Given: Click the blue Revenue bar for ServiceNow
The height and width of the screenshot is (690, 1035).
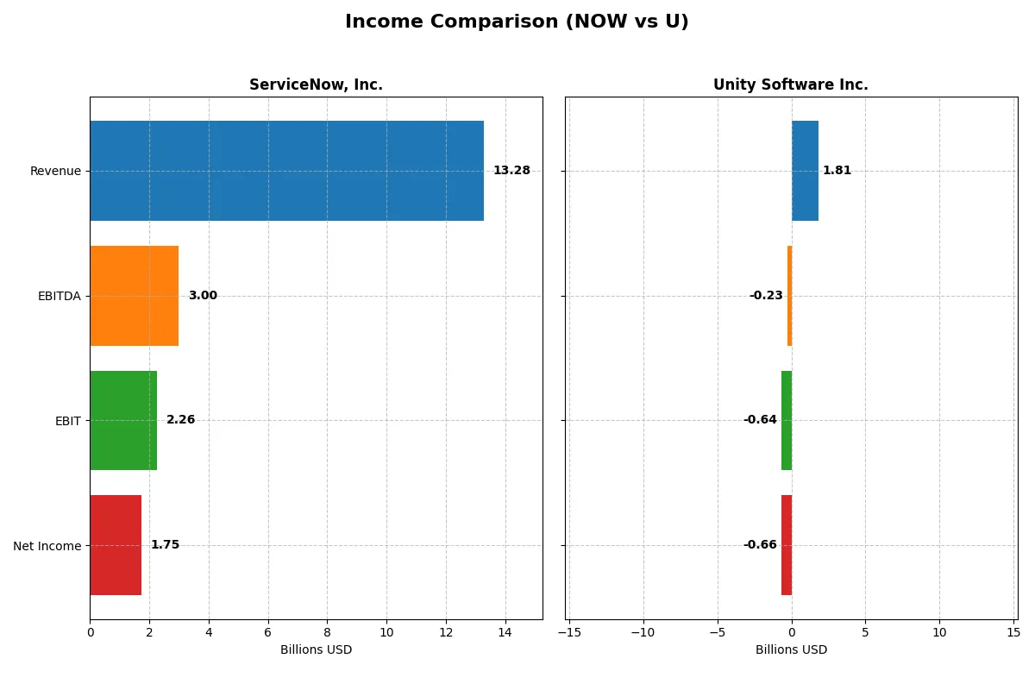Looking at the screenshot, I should (x=286, y=171).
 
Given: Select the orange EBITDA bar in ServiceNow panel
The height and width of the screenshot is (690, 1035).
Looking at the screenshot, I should (x=134, y=296).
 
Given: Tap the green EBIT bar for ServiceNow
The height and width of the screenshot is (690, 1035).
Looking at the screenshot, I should (x=123, y=420).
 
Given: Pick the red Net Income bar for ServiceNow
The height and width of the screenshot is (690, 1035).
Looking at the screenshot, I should (x=116, y=545).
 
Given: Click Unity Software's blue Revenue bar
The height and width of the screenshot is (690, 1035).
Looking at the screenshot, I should (x=805, y=171).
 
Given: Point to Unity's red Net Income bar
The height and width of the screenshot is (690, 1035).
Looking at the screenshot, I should (x=787, y=545).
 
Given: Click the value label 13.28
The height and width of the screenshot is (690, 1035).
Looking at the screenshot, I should (x=511, y=171).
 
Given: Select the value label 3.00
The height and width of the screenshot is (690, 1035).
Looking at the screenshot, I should (x=203, y=296).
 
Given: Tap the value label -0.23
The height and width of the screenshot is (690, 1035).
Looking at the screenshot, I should (x=766, y=296).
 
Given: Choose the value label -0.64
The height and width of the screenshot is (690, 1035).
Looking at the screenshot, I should (x=760, y=420).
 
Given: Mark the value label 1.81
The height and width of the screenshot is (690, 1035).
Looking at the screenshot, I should (x=837, y=171).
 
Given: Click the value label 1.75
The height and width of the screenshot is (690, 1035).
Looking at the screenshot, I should (x=165, y=545).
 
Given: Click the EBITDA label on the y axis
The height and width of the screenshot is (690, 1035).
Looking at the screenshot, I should (x=60, y=296).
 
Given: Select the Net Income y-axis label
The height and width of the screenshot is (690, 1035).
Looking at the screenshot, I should (x=47, y=546).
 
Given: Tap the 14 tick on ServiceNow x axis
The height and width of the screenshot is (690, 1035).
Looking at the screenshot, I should (x=505, y=632).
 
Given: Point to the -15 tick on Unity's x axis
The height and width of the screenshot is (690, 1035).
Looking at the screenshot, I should (x=569, y=632).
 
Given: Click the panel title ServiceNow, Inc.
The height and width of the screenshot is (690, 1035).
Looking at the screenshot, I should (x=316, y=85).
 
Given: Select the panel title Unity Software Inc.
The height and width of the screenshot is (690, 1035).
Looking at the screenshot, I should (x=790, y=85).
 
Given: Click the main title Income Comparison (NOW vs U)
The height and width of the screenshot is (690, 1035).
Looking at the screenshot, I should (x=517, y=22).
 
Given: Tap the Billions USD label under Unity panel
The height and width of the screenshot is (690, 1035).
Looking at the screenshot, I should (x=791, y=649).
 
